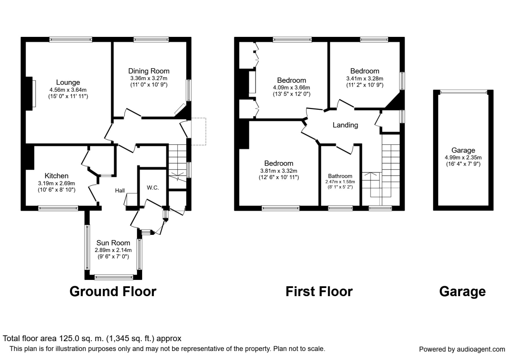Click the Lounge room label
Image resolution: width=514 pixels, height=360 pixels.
tap(68, 82)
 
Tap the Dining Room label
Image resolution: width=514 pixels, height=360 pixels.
tap(149, 71)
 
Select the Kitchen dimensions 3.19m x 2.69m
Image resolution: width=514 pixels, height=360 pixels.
tap(57, 183)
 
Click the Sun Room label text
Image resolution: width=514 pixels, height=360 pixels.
tap(113, 243)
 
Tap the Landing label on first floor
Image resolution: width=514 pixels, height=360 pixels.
tap(345, 125)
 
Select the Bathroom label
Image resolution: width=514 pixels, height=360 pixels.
tap(340, 176)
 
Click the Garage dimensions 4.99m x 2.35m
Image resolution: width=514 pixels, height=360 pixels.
tap(463, 158)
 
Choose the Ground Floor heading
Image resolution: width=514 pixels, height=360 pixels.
tap(113, 291)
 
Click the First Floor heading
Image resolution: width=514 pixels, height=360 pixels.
tap(319, 291)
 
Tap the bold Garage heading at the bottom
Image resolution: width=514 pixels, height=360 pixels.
tap(463, 291)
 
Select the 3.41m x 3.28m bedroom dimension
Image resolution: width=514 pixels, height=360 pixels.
tap(365, 78)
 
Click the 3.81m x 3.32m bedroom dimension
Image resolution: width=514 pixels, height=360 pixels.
tap(278, 171)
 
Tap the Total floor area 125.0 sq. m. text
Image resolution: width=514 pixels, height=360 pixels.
tap(93, 338)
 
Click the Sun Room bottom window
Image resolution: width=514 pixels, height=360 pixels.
tap(114, 276)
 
